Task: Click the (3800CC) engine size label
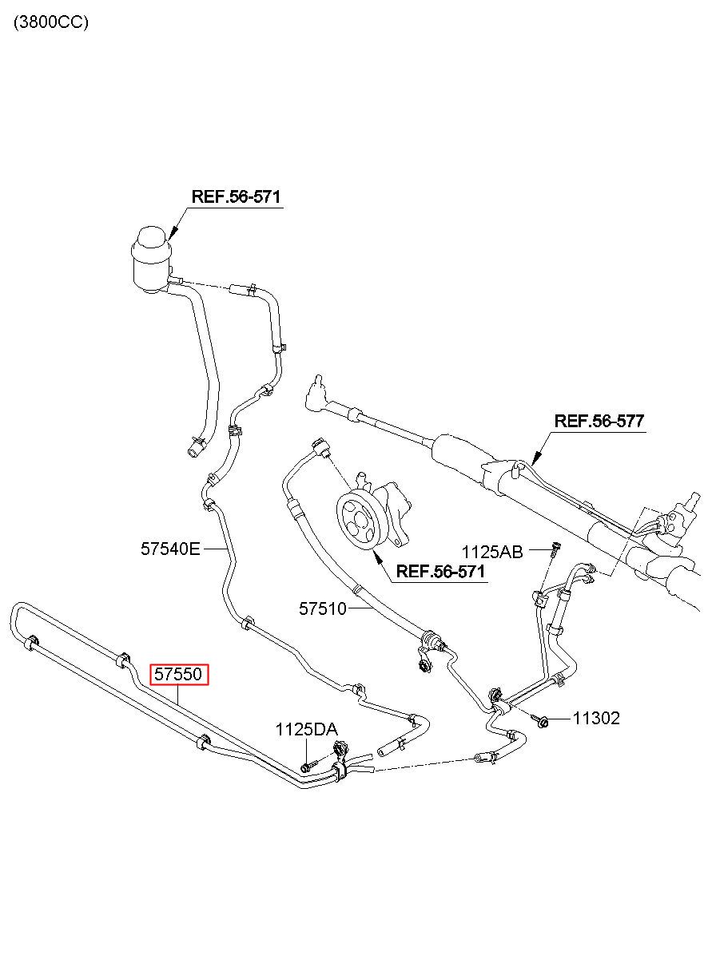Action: (x=51, y=22)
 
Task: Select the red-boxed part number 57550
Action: (x=179, y=674)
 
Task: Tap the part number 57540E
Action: (x=171, y=549)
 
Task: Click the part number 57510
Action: (x=323, y=608)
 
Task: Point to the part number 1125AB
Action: (x=492, y=552)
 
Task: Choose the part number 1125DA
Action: (x=307, y=730)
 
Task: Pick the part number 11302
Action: (x=596, y=719)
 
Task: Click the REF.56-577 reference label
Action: (x=599, y=421)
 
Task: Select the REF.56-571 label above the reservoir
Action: (x=236, y=197)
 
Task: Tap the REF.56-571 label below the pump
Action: (x=440, y=572)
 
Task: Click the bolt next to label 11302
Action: (x=541, y=719)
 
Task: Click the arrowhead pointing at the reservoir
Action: (x=173, y=233)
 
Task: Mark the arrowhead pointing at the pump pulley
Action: (x=377, y=557)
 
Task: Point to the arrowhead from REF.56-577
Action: (x=536, y=458)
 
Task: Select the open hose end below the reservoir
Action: (x=193, y=451)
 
